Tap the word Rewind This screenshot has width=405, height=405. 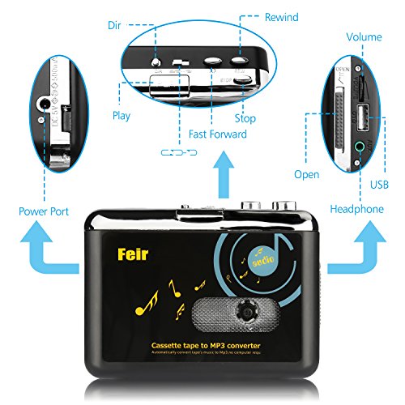click(281, 17)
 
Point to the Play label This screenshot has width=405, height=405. click(122, 116)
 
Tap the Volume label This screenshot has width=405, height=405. click(364, 37)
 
